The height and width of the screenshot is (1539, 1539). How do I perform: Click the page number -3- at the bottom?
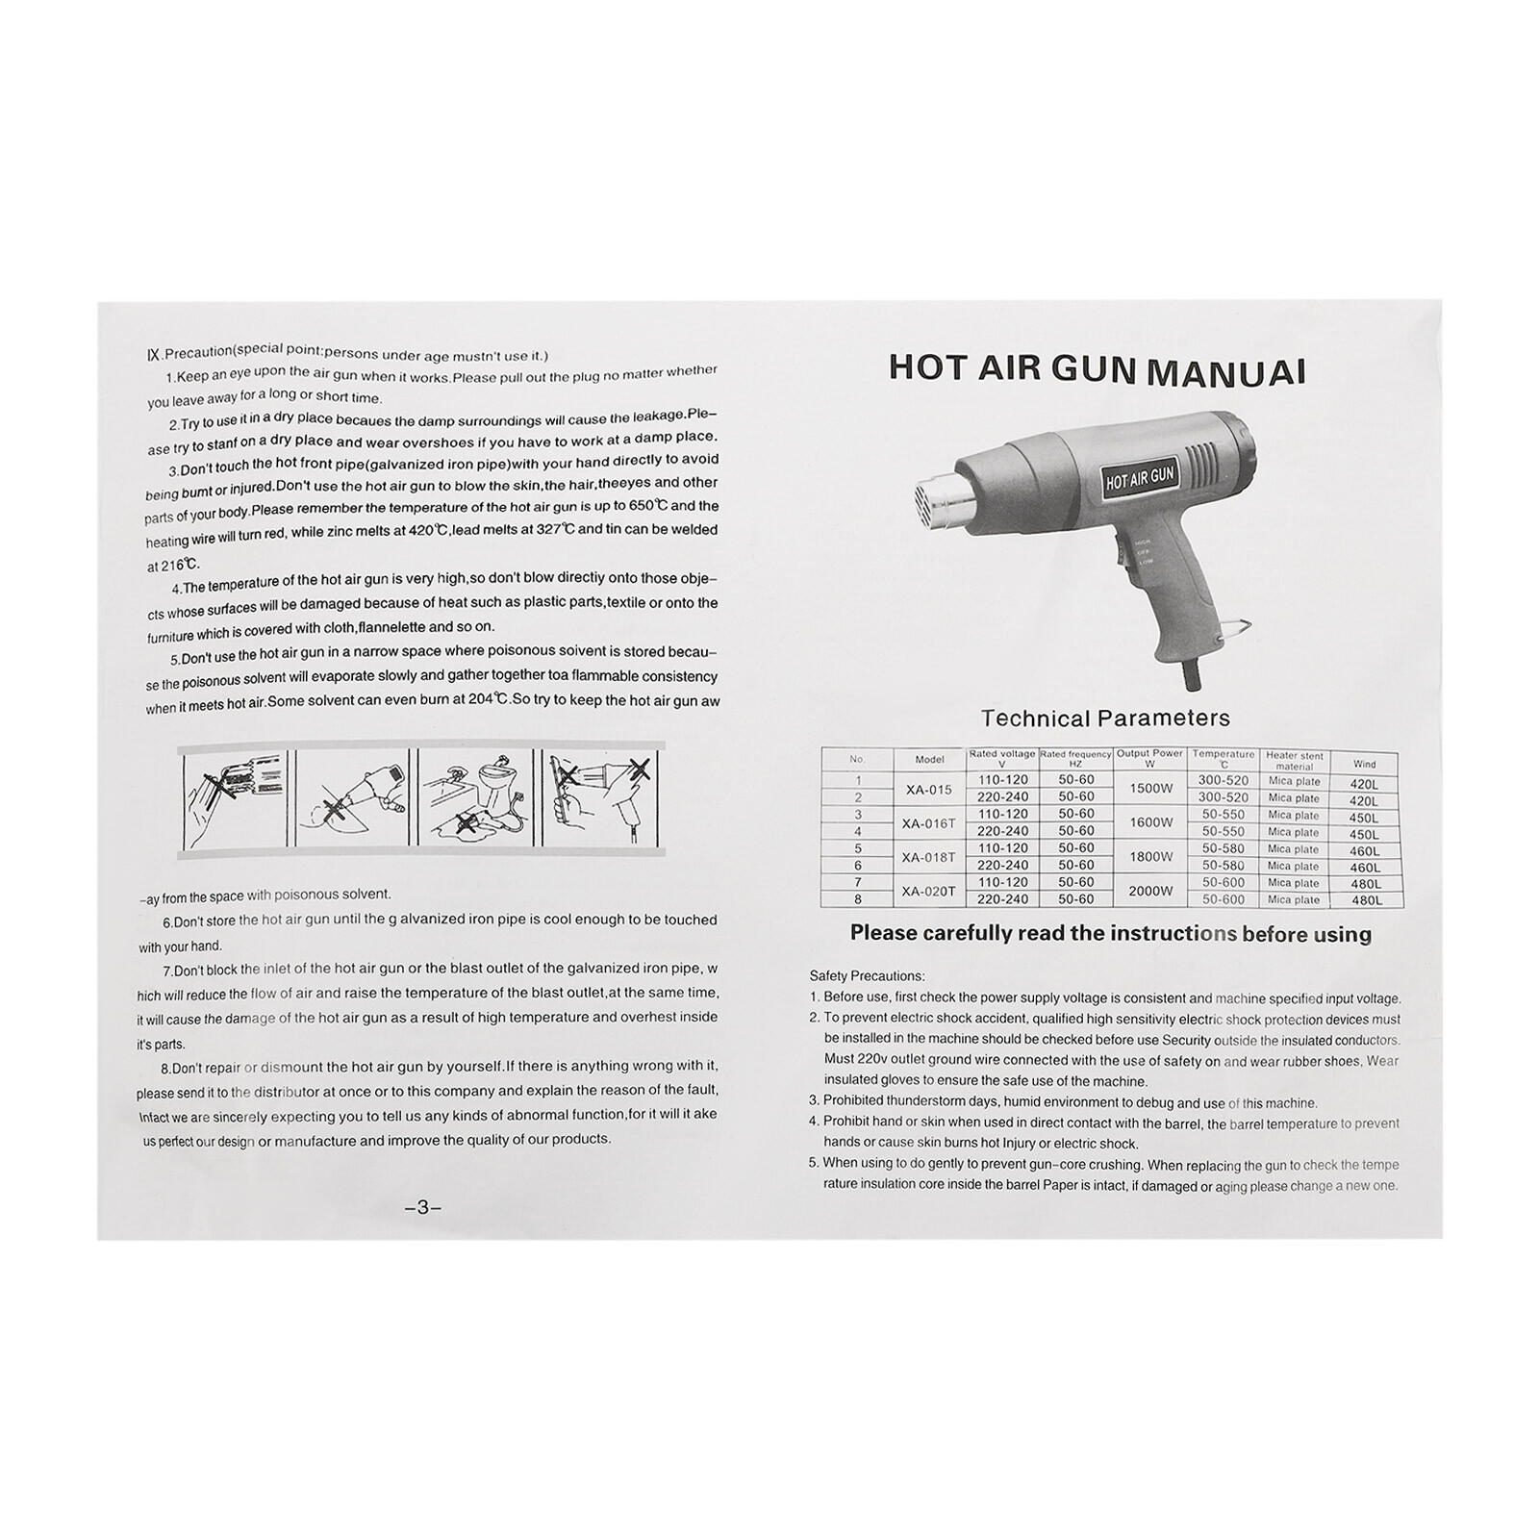(x=422, y=1208)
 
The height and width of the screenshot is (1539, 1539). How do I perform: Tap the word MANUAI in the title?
(x=1226, y=371)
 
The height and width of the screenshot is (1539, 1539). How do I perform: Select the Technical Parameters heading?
(x=1105, y=718)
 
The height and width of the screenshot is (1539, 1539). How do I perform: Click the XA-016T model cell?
(x=930, y=822)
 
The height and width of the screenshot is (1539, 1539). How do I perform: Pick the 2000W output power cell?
(x=1150, y=891)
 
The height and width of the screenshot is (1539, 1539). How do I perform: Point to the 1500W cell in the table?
(x=1150, y=789)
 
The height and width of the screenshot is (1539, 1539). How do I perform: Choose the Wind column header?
(x=1364, y=764)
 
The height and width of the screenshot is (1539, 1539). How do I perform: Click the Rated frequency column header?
(x=1075, y=758)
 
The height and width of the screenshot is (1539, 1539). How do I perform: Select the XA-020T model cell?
(x=930, y=891)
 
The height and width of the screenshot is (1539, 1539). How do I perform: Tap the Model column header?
(x=929, y=759)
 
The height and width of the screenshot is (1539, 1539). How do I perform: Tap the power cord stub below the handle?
(x=1192, y=674)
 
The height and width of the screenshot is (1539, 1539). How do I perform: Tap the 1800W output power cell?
(x=1150, y=856)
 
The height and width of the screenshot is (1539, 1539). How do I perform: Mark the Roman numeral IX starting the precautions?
(x=153, y=355)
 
